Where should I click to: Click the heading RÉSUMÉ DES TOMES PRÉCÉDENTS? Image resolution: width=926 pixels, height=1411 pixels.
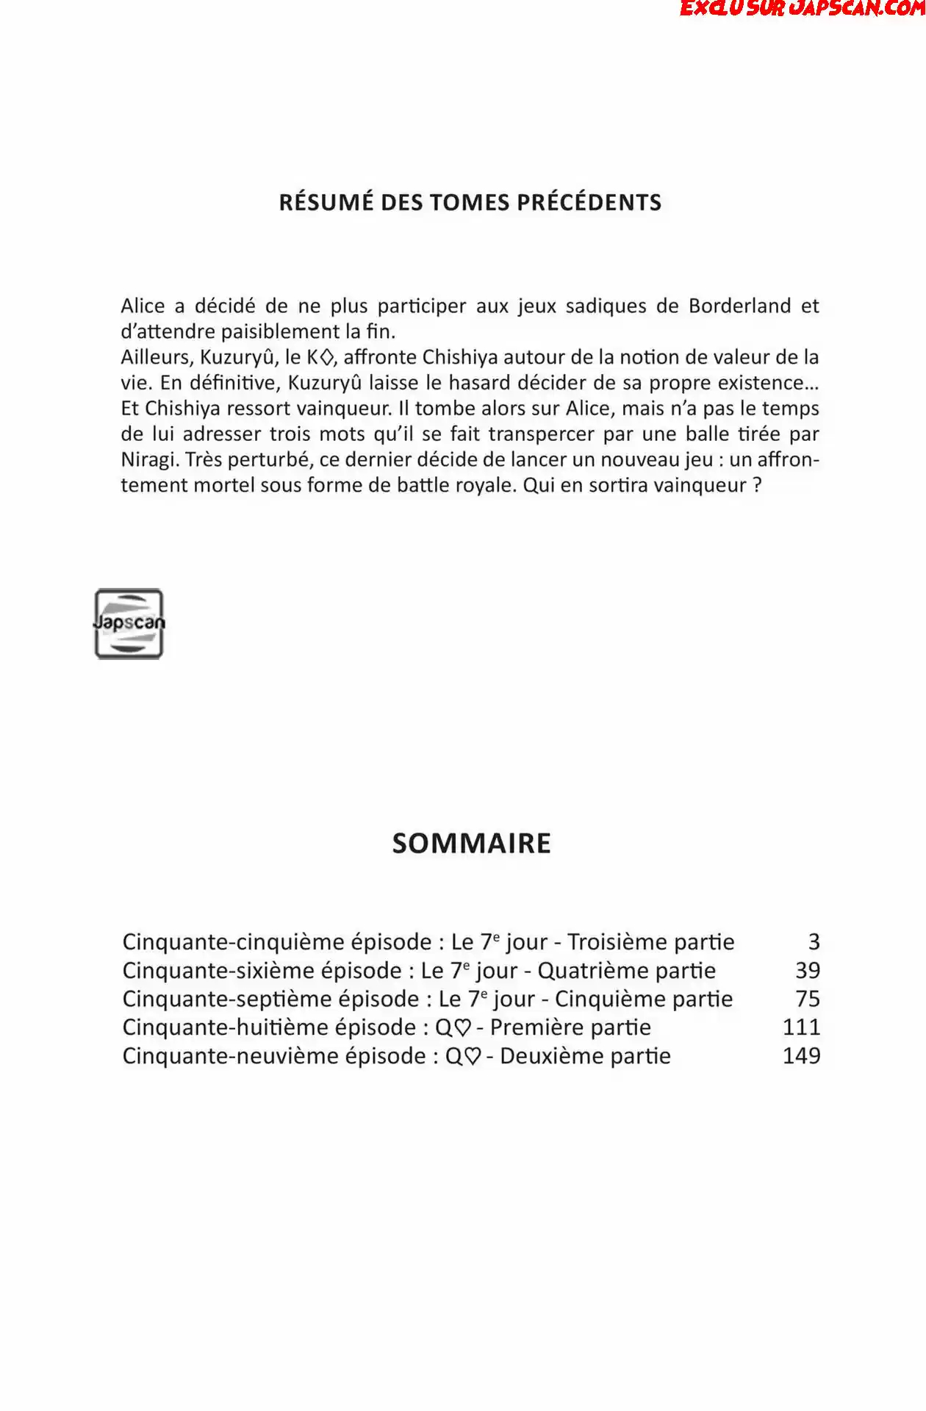point(470,202)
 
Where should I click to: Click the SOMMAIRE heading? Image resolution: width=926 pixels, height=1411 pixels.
point(471,843)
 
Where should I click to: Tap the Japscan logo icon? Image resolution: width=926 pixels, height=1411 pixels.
point(129,623)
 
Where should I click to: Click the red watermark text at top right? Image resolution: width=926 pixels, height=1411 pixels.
point(801,9)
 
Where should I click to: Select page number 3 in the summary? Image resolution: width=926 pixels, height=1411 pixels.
point(814,941)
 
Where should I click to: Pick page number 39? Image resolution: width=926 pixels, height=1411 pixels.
point(808,970)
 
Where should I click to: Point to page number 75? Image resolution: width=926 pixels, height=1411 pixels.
point(808,999)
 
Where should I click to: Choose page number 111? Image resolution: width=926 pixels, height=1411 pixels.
point(801,1027)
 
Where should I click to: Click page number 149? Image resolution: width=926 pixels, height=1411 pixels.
point(801,1055)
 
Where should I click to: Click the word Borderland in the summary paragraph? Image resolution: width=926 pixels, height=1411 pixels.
point(739,306)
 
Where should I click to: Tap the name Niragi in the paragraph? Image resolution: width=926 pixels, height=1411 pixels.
point(150,459)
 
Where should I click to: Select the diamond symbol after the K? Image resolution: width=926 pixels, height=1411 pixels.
point(328,358)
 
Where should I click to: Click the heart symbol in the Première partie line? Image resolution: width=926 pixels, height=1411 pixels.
point(463,1027)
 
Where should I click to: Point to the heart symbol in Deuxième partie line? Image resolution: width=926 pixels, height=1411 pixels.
point(473,1056)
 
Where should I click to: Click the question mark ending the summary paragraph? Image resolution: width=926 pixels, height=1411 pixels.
point(757,485)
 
